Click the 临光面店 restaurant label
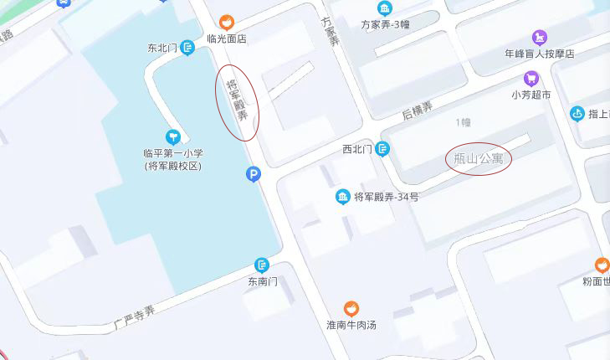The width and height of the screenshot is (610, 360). [x=226, y=38]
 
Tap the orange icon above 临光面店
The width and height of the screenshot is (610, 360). [x=226, y=22]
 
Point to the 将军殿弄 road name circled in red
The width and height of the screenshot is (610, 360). [x=238, y=99]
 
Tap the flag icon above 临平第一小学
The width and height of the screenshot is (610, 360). [x=173, y=136]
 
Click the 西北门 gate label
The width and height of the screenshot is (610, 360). [x=356, y=150]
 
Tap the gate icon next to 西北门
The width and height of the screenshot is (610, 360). [x=382, y=149]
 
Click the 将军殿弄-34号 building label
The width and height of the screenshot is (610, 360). [x=386, y=197]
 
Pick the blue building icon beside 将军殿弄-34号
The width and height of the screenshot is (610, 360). [x=342, y=197]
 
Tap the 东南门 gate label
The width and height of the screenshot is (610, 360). [x=262, y=281]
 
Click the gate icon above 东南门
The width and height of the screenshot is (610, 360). [x=262, y=265]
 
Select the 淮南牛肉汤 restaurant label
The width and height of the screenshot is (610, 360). [x=351, y=325]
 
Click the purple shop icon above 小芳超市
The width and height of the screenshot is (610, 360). [x=531, y=79]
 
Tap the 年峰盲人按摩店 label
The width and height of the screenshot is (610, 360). [x=540, y=54]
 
